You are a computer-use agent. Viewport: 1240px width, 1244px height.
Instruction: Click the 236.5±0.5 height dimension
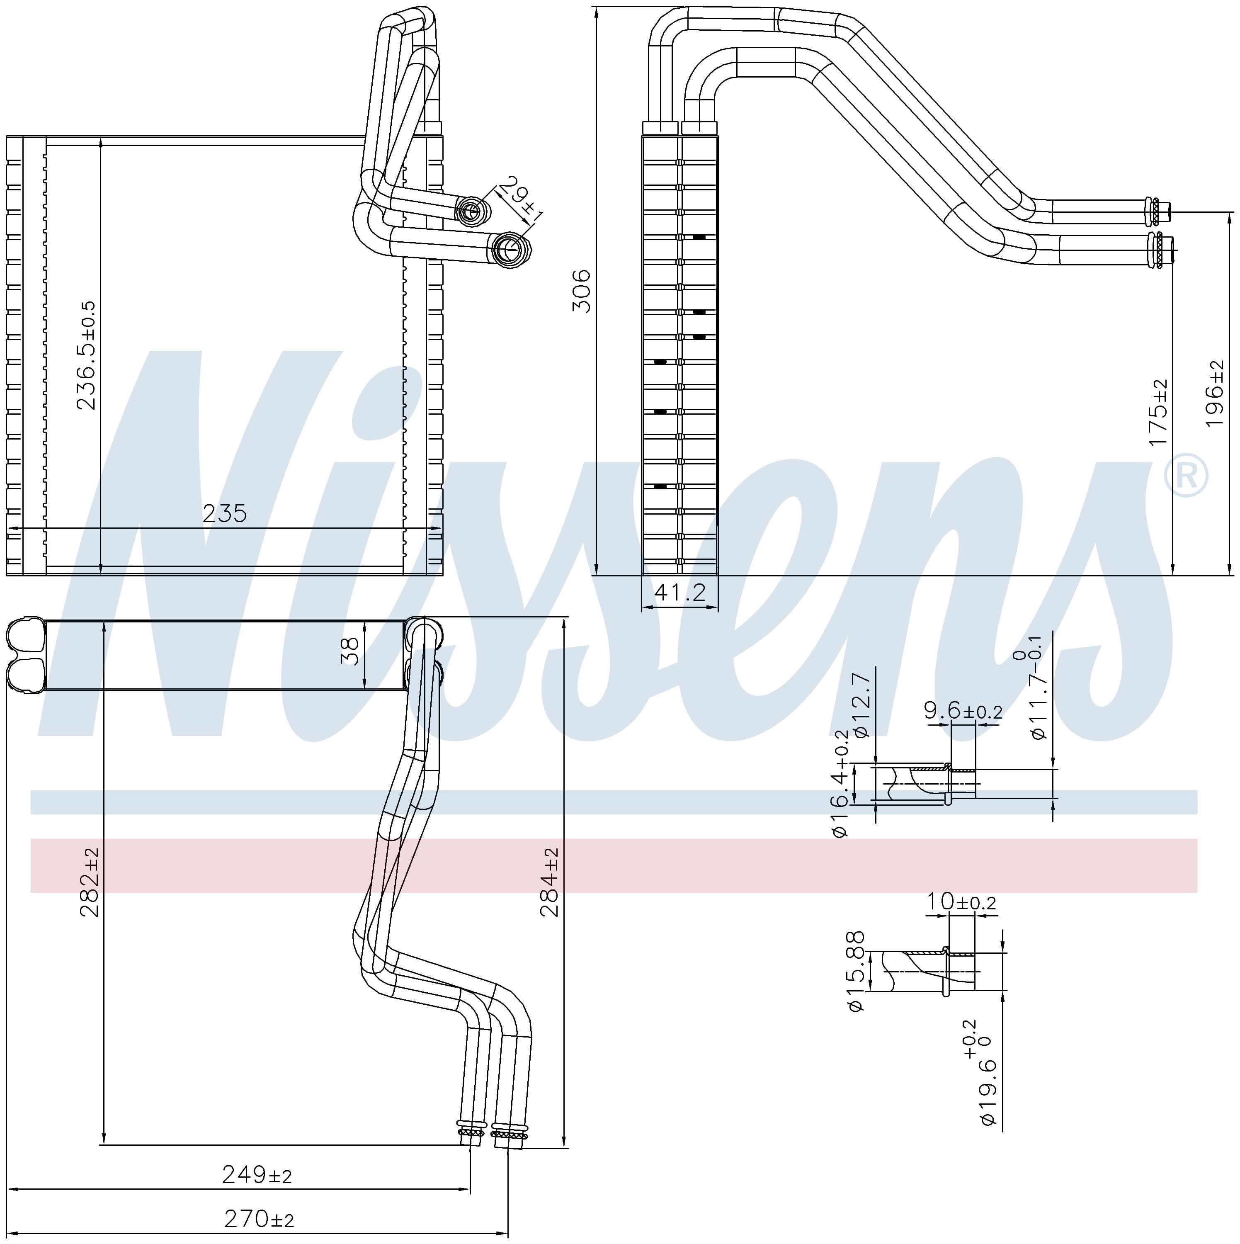[x=86, y=355]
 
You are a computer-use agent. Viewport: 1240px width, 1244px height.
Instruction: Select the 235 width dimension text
[x=225, y=513]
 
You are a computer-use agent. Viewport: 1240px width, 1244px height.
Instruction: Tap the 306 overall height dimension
[x=581, y=291]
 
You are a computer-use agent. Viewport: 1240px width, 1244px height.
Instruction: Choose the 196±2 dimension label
[x=1214, y=394]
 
